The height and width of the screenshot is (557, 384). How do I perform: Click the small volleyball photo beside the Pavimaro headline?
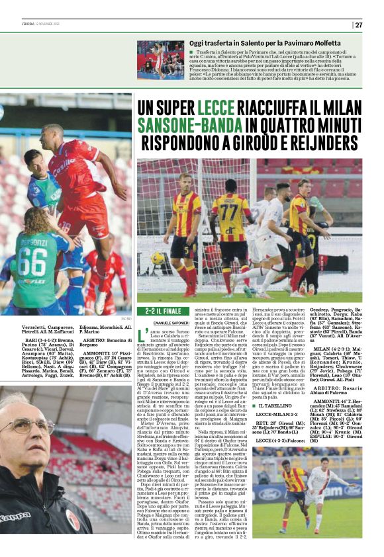tap(160, 59)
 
